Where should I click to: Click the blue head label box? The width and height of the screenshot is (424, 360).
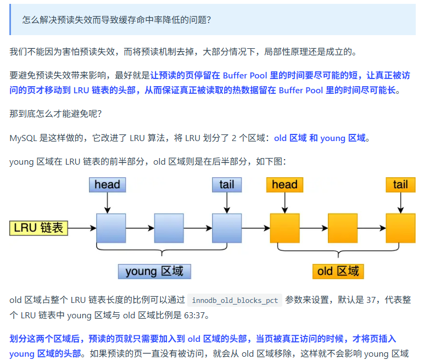107,185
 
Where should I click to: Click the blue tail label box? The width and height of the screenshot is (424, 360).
226,185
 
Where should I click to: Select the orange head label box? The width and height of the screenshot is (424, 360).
284,185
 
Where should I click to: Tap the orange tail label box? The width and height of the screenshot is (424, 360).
400,185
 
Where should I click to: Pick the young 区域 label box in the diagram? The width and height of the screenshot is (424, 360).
154,271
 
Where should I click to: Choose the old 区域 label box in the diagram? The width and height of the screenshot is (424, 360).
338,271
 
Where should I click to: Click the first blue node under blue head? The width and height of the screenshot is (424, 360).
111,228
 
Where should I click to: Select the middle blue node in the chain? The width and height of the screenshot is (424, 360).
169,228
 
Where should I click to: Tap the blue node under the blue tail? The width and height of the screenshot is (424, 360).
227,228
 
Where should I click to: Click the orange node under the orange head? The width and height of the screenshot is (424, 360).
284,228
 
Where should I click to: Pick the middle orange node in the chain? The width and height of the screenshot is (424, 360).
343,228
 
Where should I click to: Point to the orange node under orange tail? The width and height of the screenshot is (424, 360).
400,228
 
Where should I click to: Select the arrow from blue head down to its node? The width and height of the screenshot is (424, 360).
107,203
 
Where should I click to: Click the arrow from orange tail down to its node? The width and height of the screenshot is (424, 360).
400,203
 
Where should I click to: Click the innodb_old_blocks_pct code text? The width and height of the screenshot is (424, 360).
235,300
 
